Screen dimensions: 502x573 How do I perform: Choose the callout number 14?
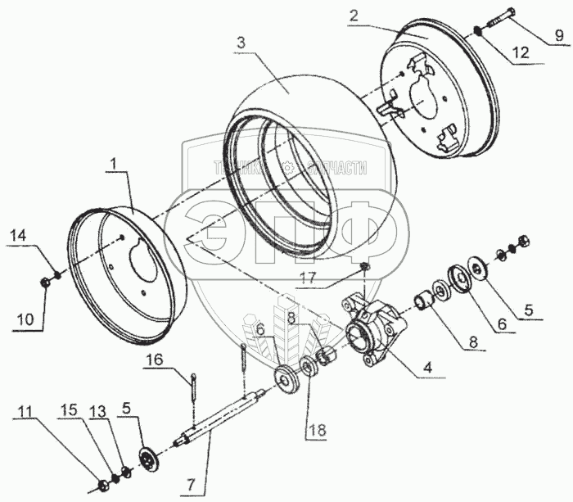tap(19, 236)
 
